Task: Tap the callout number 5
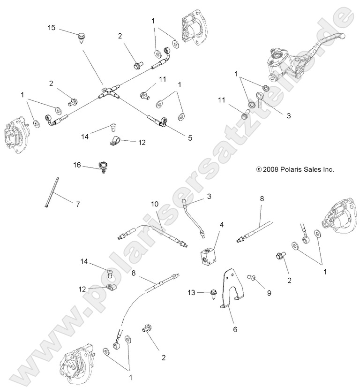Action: point(190,137)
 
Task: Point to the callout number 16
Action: point(77,165)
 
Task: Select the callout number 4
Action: point(221,225)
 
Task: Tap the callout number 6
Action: point(236,329)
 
